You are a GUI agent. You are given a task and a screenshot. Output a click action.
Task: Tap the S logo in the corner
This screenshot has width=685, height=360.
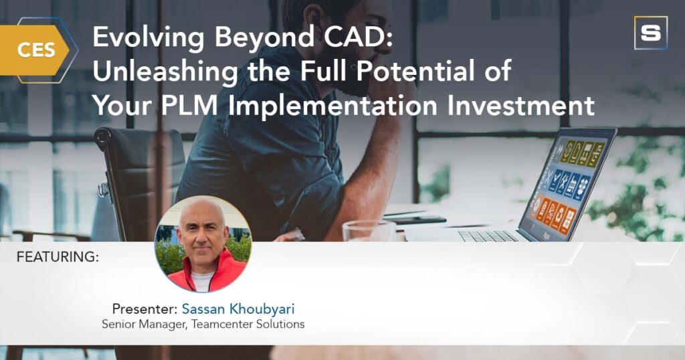(x=650, y=33)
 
